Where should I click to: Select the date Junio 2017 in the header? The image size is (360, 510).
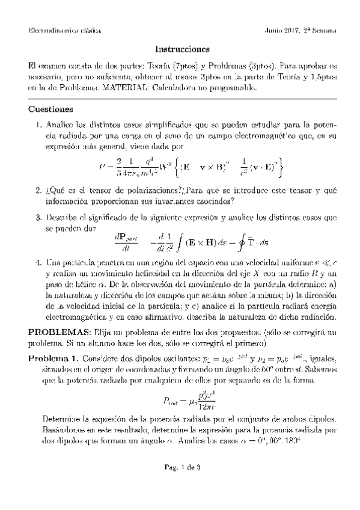coord(284,30)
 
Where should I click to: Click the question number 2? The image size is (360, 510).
coord(38,191)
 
